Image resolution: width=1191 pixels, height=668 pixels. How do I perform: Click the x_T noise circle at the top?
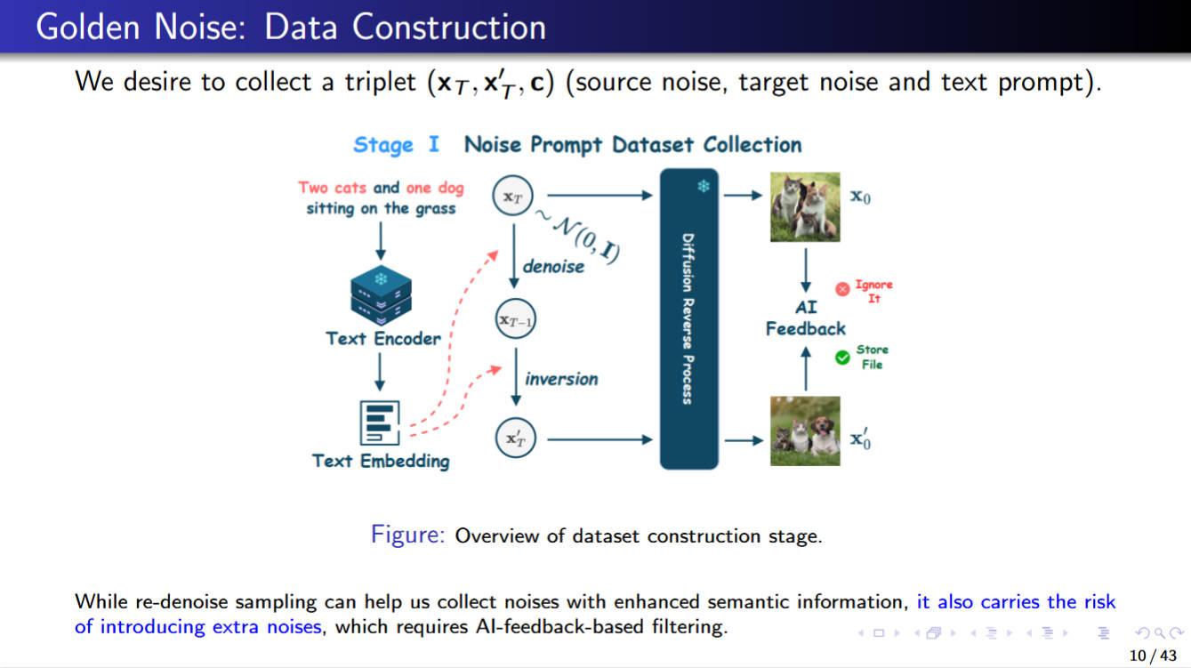[x=512, y=196]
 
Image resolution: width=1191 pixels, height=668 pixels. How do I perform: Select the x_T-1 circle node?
[x=515, y=319]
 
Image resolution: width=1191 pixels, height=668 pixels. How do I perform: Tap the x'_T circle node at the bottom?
[x=515, y=439]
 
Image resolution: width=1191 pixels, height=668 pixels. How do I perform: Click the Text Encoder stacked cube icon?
[x=381, y=295]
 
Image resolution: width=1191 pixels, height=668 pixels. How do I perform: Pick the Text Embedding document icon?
[x=380, y=423]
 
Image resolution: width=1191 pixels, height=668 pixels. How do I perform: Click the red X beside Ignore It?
[x=842, y=289]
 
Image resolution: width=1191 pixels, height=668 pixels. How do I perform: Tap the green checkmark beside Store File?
[x=842, y=358]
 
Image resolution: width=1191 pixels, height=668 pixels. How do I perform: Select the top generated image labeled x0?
[x=805, y=207]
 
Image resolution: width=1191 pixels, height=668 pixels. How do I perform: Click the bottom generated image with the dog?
[x=805, y=431]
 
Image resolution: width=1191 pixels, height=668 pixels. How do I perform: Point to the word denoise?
[x=553, y=266]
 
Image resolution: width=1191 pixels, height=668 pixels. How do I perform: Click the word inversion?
[x=561, y=379]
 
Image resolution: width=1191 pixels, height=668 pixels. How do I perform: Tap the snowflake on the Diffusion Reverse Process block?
[x=704, y=186]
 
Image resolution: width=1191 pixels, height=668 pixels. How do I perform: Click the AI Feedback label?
[x=806, y=318]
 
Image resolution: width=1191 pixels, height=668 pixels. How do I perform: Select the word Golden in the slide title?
[x=88, y=27]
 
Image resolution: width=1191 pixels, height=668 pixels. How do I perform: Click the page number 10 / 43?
[x=1153, y=656]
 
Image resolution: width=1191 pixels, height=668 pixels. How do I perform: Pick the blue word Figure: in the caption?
[x=407, y=535]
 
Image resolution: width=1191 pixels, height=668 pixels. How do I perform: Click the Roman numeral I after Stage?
[x=434, y=143]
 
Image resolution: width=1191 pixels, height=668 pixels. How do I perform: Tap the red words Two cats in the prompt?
[x=333, y=187]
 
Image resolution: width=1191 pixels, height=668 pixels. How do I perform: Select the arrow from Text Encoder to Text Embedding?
[x=380, y=373]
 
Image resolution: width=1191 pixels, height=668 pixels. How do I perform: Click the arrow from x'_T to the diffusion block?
[x=600, y=439]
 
